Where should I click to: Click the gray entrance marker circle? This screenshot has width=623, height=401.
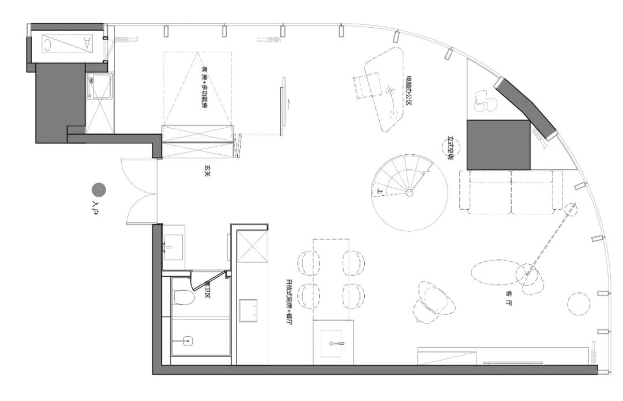click(99, 190)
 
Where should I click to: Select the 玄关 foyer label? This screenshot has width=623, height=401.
click(206, 171)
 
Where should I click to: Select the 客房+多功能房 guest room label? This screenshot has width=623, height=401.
click(203, 94)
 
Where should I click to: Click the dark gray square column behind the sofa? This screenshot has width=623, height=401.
click(498, 144)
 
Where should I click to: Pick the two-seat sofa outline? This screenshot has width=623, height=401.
click(511, 190)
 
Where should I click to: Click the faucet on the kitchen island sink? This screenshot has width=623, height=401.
click(340, 344)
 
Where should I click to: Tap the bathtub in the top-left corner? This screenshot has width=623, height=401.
click(67, 42)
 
